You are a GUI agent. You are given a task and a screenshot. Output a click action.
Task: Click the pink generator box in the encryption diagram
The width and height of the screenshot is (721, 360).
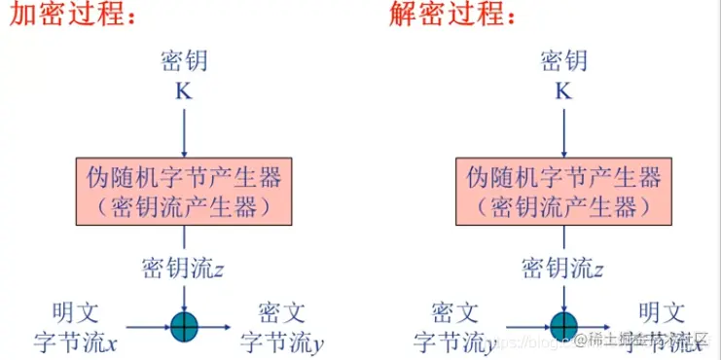(x=184, y=191)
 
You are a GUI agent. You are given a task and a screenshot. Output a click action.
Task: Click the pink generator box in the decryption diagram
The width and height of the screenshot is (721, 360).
(x=563, y=191)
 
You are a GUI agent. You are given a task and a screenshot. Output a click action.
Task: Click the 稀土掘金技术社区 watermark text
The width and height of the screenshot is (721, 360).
(x=647, y=340)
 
